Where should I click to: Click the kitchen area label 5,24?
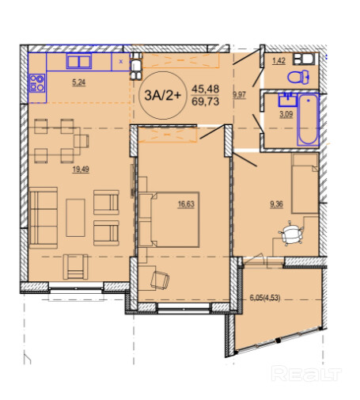point(79,82)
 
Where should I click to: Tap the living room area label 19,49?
point(81,170)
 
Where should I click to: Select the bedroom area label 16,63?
point(186,204)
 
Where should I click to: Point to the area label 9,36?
point(276,204)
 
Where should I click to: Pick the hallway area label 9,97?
point(239,95)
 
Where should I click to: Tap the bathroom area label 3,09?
point(286,115)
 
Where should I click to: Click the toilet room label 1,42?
point(279,61)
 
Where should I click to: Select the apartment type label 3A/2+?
point(163,95)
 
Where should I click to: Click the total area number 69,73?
point(206,101)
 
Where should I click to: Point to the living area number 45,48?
point(206,89)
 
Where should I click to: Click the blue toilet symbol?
point(298,77)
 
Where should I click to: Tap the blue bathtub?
point(308,120)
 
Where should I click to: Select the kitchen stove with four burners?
point(37,83)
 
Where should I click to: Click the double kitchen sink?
point(79,61)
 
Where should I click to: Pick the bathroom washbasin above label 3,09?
point(287,99)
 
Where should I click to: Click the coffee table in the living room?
point(75,218)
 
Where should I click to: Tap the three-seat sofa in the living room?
point(44,218)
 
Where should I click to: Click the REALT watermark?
point(306,373)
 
